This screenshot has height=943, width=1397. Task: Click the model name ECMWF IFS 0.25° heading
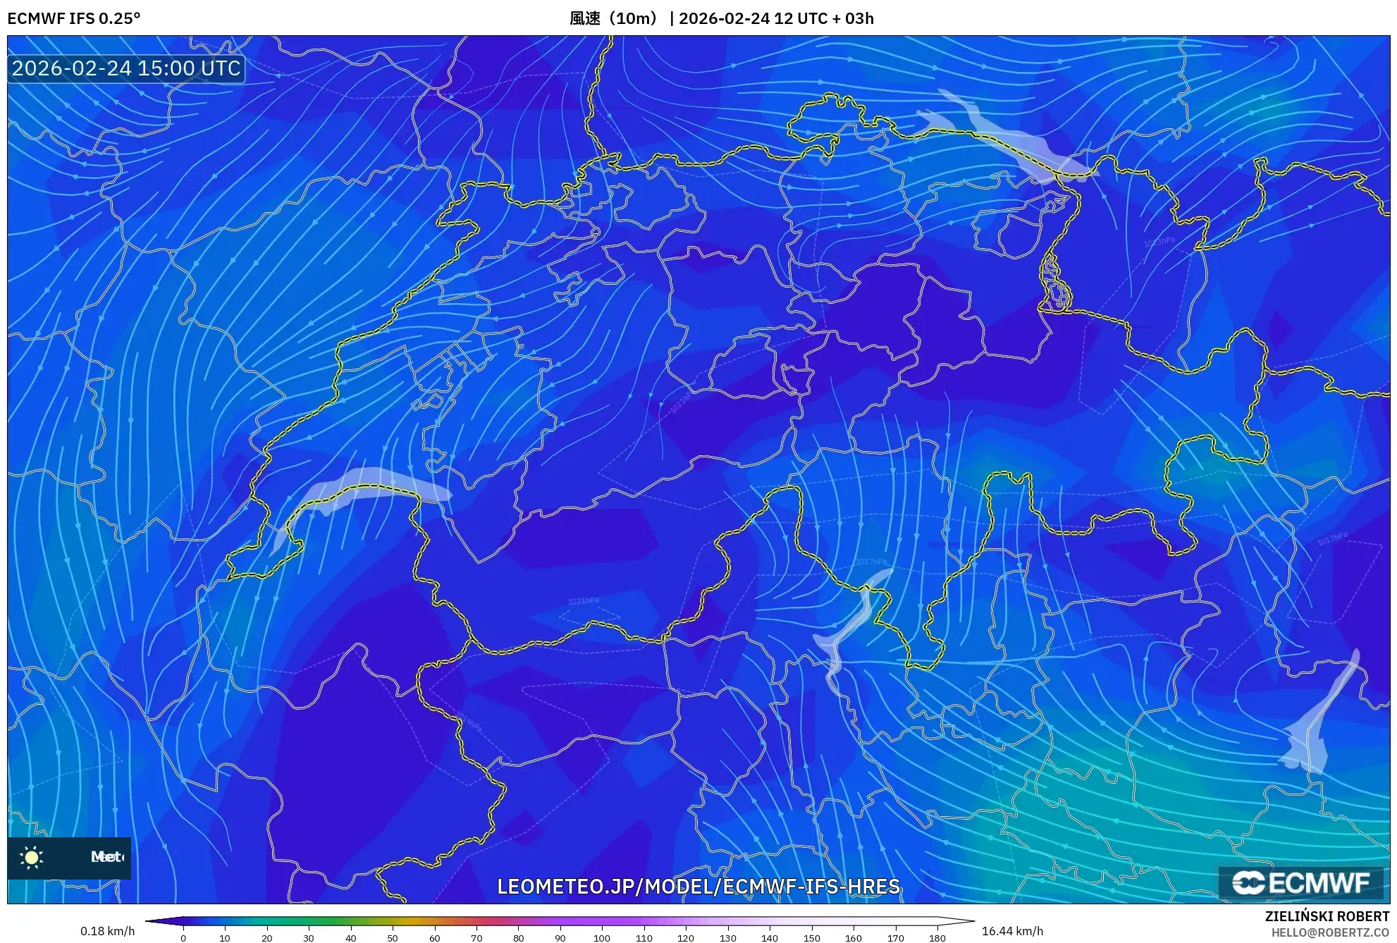(x=74, y=18)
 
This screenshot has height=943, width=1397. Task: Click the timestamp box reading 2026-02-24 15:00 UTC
(x=126, y=68)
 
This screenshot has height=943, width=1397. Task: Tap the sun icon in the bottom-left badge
(x=32, y=857)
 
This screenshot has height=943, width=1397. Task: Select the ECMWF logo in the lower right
(x=1300, y=882)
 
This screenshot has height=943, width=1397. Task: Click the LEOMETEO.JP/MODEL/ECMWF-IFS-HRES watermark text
(x=698, y=886)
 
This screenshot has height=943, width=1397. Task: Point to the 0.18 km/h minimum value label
(x=107, y=931)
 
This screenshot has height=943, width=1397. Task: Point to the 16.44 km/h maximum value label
(x=1012, y=931)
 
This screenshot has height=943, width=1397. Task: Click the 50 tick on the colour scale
(x=393, y=938)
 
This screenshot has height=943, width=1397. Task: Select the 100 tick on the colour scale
(x=602, y=938)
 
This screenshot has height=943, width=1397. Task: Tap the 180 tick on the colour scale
(x=937, y=938)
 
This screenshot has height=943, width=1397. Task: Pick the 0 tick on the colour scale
(x=183, y=938)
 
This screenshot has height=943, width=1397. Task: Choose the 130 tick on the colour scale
(x=727, y=938)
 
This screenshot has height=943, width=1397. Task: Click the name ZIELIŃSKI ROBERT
(x=1327, y=916)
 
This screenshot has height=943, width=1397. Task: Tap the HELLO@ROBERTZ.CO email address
(x=1330, y=932)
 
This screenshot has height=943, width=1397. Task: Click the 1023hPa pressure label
(x=1159, y=242)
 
